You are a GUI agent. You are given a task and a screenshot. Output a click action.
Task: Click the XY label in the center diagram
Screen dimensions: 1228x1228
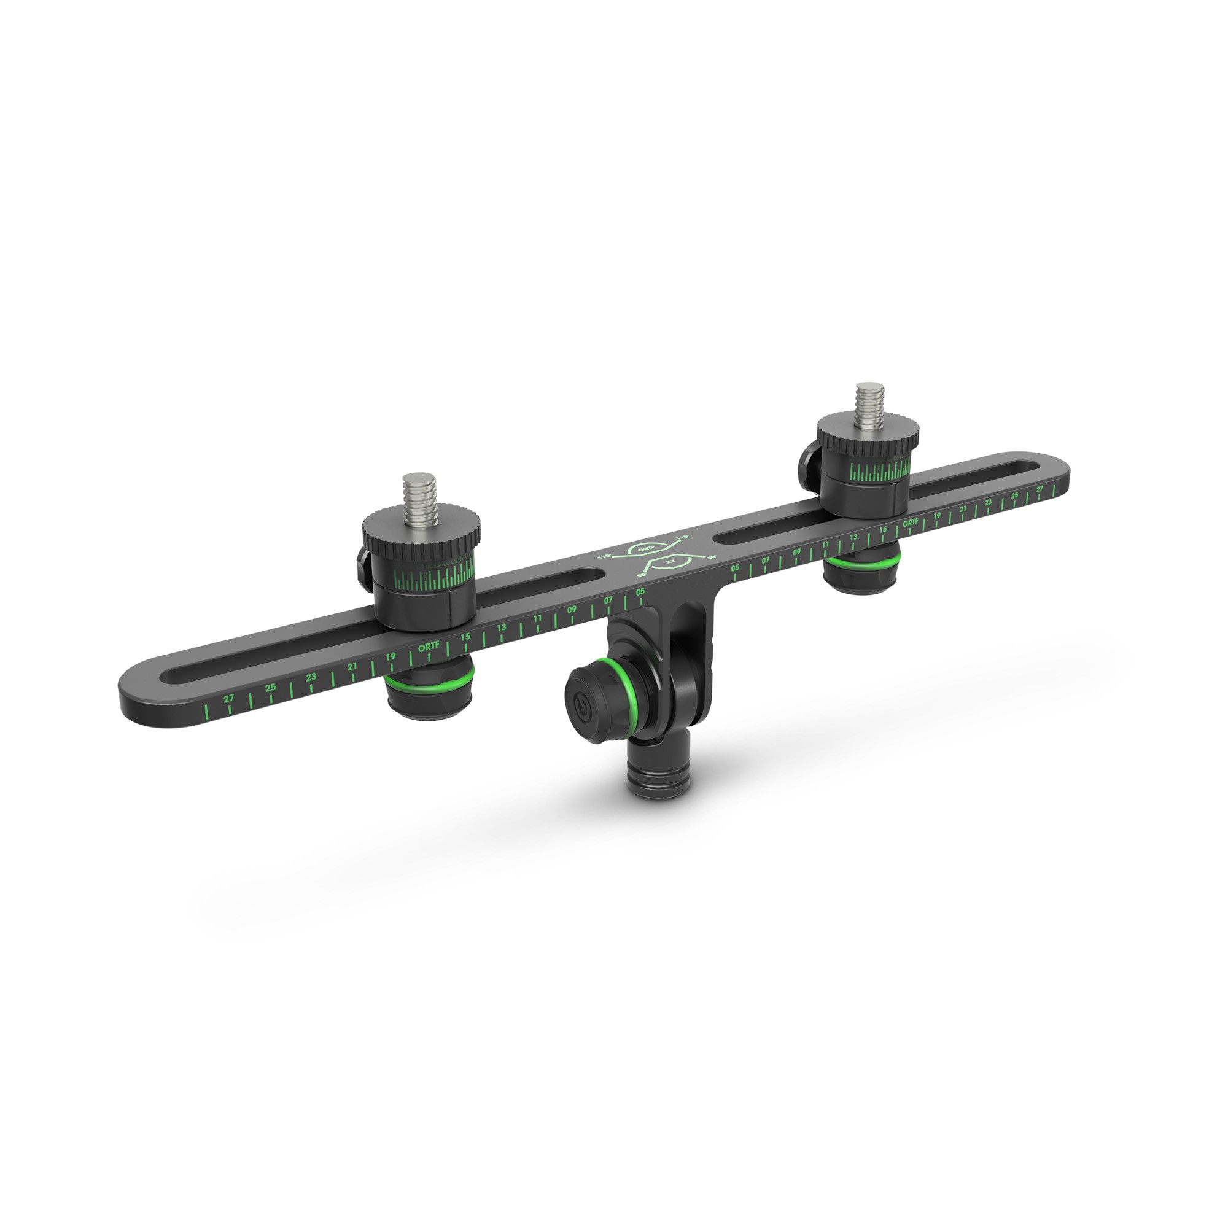[x=669, y=562]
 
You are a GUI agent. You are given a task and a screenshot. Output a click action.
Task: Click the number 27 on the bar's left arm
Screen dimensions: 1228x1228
[x=229, y=699]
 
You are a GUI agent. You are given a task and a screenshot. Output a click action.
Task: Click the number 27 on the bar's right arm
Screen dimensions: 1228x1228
[x=1040, y=489]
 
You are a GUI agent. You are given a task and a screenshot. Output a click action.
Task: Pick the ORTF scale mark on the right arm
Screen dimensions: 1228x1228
[x=911, y=523]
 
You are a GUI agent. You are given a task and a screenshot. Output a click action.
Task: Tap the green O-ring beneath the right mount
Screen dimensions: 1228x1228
[x=863, y=562]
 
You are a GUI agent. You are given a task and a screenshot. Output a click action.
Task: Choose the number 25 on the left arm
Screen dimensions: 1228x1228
[x=271, y=688]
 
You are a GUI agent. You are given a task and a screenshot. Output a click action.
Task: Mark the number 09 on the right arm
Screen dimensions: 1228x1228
[x=796, y=553]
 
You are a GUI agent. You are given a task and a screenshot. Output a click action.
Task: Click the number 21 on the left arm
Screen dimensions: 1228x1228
[x=352, y=667]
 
